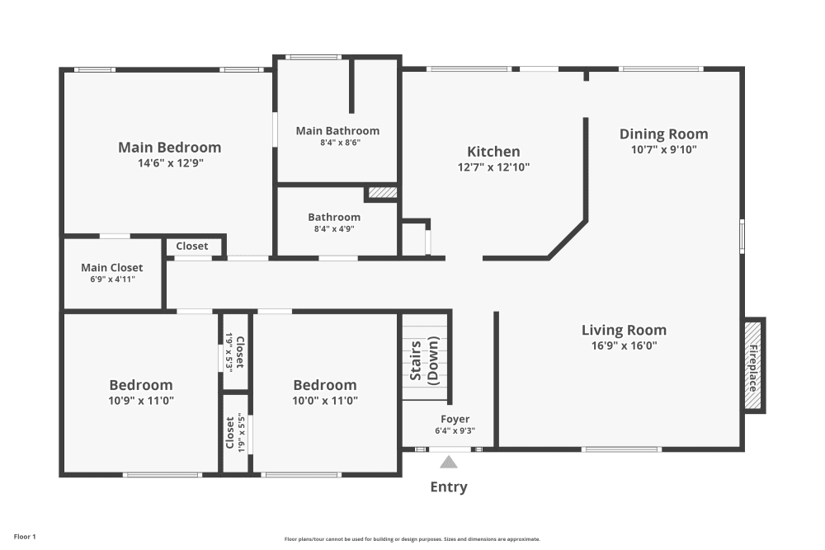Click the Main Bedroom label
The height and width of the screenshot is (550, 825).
170,148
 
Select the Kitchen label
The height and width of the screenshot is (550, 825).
493,152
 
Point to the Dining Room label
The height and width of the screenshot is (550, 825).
663,134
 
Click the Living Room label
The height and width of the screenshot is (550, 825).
624,331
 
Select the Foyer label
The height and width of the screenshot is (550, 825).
455,420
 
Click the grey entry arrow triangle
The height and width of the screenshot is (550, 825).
448,462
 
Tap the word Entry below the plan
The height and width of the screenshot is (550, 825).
449,487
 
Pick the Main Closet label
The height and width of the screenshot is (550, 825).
112,268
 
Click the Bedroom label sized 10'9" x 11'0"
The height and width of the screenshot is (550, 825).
141,385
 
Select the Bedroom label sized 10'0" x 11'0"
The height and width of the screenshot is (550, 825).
325,385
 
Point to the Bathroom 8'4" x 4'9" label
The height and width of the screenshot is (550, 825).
334,218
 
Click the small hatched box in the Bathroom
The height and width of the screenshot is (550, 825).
382,193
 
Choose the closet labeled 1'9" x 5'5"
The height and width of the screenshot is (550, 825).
235,433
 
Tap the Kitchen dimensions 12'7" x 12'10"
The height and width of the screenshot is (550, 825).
493,167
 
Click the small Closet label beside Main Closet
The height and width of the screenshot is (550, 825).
192,246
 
